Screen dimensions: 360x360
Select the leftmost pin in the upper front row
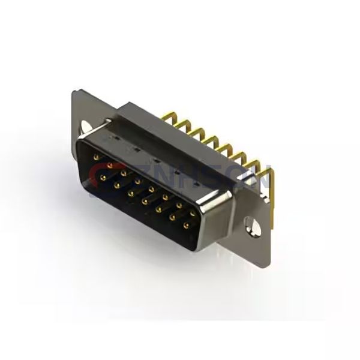point(97,157)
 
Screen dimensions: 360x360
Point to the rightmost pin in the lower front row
point(186,226)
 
